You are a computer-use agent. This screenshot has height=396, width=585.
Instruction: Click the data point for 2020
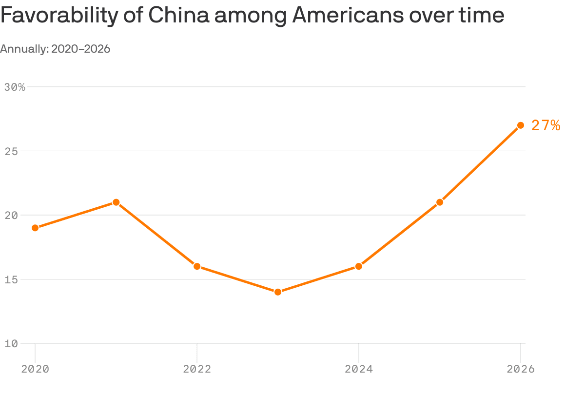(x=35, y=228)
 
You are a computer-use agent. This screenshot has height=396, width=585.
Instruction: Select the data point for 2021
(x=116, y=202)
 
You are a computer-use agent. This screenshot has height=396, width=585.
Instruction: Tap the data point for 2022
(x=197, y=266)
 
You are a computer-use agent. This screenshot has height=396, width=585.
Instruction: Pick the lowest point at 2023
(x=278, y=292)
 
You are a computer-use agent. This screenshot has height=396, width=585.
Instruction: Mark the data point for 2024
(x=359, y=266)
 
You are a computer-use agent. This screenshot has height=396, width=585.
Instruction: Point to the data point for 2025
(x=440, y=202)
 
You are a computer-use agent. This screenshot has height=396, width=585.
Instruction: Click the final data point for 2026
(x=521, y=125)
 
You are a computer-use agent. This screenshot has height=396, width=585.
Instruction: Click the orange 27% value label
(x=546, y=126)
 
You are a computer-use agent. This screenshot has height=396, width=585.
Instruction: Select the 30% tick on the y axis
(x=15, y=87)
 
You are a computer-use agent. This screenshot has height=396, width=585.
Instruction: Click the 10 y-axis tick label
(x=11, y=343)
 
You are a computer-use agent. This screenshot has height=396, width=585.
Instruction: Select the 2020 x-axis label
(x=35, y=369)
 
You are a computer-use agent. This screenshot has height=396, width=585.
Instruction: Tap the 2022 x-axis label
(x=197, y=369)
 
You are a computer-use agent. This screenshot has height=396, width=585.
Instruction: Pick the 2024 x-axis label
(x=359, y=369)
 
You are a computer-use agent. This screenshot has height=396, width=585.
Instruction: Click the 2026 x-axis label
(x=521, y=369)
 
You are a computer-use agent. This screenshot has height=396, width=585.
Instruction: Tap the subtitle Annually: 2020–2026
(x=55, y=49)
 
